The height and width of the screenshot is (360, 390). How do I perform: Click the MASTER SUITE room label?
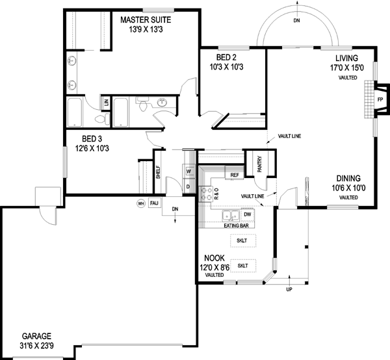149,19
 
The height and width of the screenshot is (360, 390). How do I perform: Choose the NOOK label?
214,258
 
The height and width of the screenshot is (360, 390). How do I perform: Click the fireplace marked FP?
380,100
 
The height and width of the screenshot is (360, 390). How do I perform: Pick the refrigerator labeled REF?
234,175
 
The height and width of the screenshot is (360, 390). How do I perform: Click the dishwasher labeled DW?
247,214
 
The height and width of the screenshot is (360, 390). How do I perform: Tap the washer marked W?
188,172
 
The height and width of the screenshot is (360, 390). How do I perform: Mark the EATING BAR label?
235,225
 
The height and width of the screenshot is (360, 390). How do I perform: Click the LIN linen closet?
105,102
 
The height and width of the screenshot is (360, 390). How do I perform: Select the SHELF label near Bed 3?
158,171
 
